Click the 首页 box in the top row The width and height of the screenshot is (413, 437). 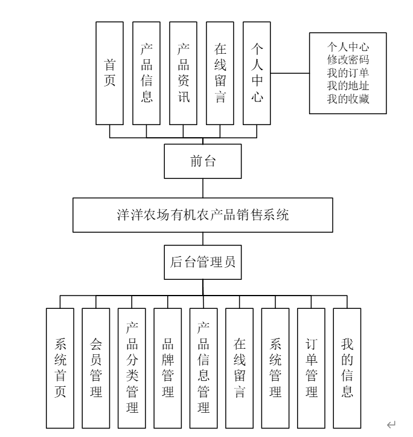click(110, 73)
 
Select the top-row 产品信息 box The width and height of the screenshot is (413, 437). click(147, 73)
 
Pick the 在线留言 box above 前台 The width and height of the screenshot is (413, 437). click(220, 73)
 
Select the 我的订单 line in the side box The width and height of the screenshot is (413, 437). click(347, 74)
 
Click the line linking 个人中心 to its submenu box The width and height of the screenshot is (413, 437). click(290, 74)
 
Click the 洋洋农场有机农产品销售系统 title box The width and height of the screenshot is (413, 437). click(202, 215)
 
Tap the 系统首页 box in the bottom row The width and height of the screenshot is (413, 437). click(60, 368)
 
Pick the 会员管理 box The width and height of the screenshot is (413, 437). click(96, 368)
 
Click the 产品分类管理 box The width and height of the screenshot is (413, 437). click(132, 368)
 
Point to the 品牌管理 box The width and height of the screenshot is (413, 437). click(168, 368)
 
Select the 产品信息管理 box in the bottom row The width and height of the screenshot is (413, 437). click(203, 368)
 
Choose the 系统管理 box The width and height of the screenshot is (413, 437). click(275, 368)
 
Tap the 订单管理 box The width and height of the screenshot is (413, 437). click(311, 368)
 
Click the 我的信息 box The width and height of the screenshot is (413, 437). click(347, 368)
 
